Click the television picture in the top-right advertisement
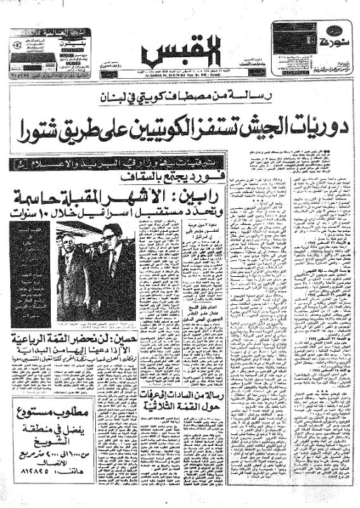click(x=295, y=37)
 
